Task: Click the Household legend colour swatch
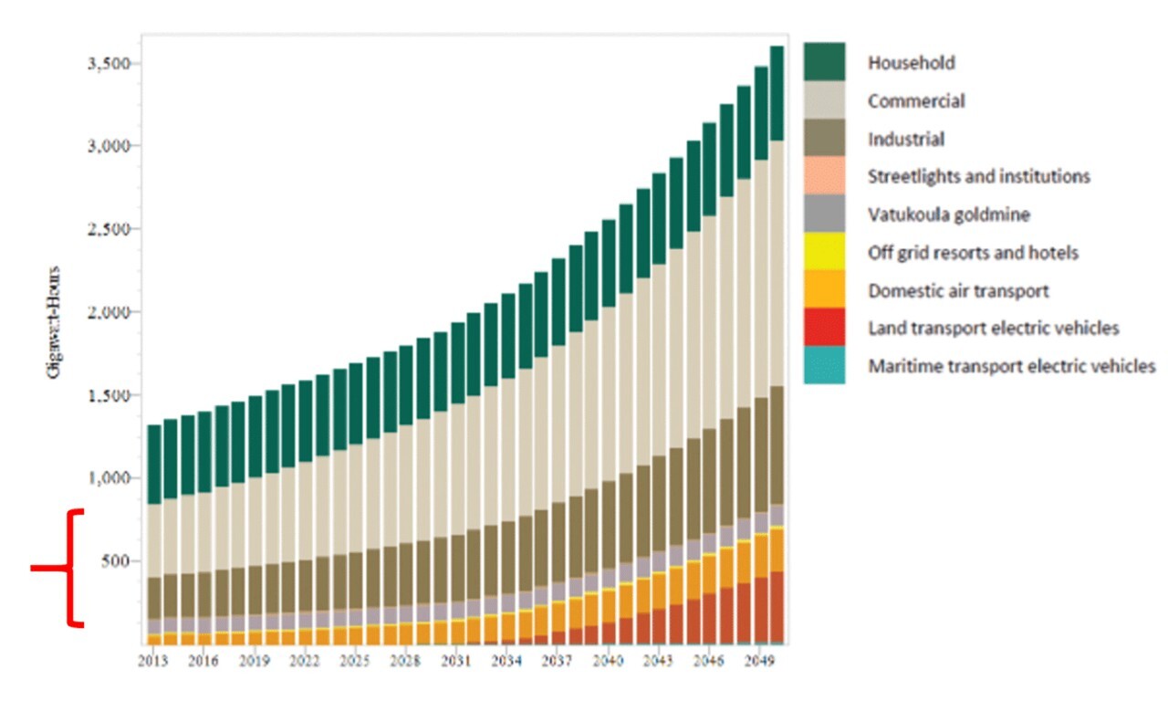[824, 62]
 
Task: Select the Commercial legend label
[915, 101]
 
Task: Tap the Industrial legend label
[905, 140]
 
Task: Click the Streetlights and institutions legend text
[978, 176]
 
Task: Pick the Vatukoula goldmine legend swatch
[824, 214]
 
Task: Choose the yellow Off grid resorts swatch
[824, 252]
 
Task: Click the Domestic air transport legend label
[958, 291]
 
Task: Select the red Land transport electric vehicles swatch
[824, 328]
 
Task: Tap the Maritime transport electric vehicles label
[1011, 366]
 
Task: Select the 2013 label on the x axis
[152, 659]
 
